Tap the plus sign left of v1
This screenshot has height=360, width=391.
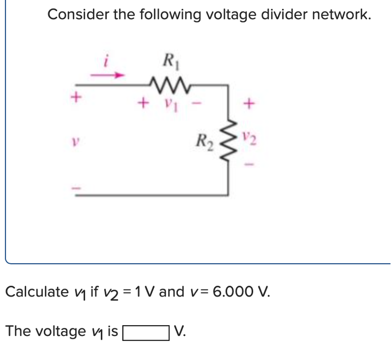coord(143,100)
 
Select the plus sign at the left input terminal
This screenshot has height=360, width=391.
coord(77,97)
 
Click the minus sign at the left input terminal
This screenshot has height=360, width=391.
coord(77,189)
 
